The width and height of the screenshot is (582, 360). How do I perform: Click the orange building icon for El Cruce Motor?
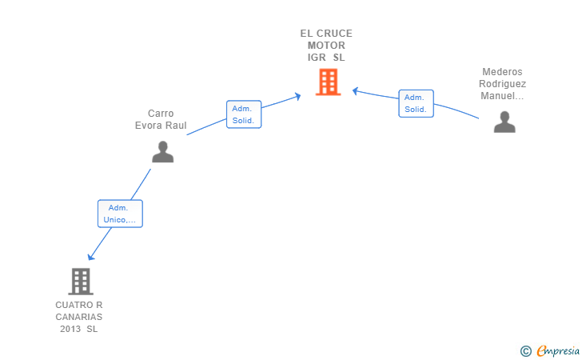tap(328, 82)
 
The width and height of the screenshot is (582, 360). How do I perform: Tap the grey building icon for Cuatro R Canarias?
tap(80, 281)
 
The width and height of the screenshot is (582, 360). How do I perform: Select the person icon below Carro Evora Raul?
tap(162, 151)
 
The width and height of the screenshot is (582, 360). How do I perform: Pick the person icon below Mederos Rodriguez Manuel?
tap(504, 122)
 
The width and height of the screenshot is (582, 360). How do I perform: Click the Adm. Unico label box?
tap(120, 214)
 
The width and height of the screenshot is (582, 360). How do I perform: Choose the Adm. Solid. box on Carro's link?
tap(243, 114)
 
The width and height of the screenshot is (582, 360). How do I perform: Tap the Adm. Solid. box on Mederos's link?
tap(415, 103)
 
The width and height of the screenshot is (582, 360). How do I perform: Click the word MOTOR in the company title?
tap(326, 46)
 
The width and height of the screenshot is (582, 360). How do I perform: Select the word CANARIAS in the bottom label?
tap(79, 317)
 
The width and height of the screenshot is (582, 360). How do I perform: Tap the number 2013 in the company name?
tap(71, 329)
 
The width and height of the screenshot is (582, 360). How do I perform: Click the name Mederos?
tap(502, 72)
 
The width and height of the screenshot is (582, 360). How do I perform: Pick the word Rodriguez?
tap(502, 84)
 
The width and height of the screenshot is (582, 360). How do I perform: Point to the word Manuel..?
tap(500, 96)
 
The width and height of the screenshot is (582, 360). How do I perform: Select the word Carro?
tap(161, 114)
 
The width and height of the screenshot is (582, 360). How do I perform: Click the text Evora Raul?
tap(161, 126)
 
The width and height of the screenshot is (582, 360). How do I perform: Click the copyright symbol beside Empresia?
tap(526, 350)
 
